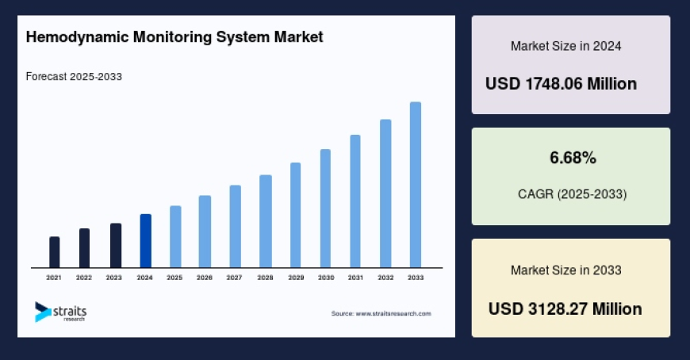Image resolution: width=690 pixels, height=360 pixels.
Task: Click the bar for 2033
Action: [x=415, y=185]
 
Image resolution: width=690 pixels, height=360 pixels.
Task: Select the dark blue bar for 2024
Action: [x=145, y=241]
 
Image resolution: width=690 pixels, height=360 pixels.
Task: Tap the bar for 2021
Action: [x=54, y=252]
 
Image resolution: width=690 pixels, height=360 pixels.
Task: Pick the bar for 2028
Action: [x=266, y=221]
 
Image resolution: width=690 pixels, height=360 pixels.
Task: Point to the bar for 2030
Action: [x=325, y=209]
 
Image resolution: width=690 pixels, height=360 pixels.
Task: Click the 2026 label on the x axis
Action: [x=205, y=278]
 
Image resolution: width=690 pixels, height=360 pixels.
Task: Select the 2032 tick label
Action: [x=385, y=278]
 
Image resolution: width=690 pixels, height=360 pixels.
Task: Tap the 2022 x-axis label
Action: [x=84, y=278]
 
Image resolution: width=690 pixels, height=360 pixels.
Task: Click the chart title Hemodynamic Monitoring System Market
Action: [x=174, y=37]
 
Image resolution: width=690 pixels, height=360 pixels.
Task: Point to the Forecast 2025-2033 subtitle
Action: [x=74, y=77]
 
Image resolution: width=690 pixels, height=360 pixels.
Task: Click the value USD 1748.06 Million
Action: [x=562, y=83]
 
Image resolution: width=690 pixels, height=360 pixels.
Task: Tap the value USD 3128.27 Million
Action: [x=565, y=308]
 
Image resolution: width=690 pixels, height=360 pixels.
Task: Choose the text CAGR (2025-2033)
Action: [x=571, y=193]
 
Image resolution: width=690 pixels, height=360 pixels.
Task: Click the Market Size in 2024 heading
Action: [x=565, y=46]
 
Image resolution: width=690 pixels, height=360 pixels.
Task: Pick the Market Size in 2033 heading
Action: [x=565, y=270]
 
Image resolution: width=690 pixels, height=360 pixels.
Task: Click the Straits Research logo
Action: [x=60, y=312]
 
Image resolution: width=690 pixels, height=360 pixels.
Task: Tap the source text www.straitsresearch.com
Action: [x=381, y=313]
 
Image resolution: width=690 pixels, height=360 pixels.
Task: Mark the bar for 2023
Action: [x=115, y=246]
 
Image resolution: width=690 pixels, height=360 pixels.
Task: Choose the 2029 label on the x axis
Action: [x=295, y=278]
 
